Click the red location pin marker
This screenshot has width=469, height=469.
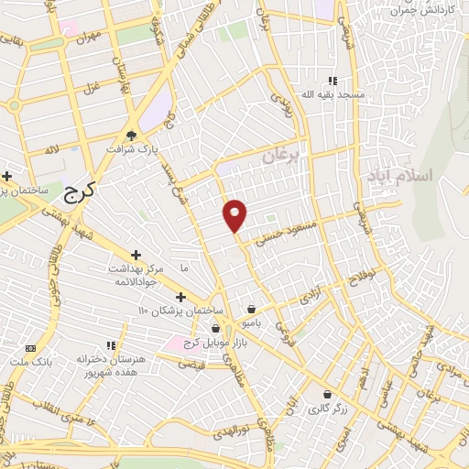236,215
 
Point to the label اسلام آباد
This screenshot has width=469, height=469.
404,174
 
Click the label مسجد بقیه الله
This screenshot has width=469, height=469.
337,94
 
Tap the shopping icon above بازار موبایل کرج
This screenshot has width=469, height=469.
217,328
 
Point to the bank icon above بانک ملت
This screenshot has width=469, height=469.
31,348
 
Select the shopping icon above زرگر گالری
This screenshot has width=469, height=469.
326,394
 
